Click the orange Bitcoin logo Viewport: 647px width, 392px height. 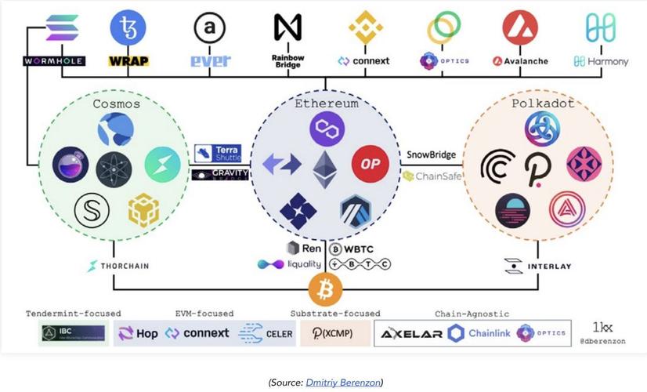[x=325, y=291]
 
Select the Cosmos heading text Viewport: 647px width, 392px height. [x=116, y=103]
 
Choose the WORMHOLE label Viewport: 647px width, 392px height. [x=53, y=60]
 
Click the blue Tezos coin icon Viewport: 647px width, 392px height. [x=128, y=28]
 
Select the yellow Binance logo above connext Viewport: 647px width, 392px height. [x=365, y=27]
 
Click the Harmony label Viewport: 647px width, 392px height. [x=601, y=60]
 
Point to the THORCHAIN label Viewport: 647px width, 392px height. [x=118, y=266]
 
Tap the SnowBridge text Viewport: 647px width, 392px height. [x=431, y=154]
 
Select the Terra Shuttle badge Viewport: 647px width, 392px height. [x=218, y=153]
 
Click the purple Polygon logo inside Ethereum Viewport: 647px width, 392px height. [x=324, y=128]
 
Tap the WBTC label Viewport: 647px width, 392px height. [x=356, y=249]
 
